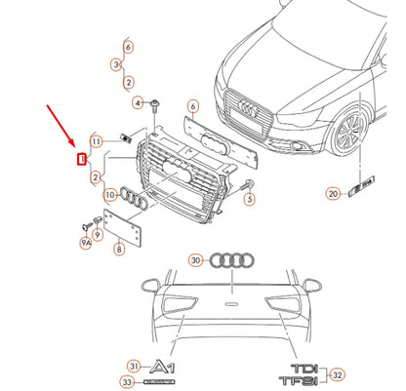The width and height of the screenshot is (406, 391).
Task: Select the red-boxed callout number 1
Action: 83,157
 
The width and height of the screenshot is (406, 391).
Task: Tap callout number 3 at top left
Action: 116,64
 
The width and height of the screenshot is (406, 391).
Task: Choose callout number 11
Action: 97,140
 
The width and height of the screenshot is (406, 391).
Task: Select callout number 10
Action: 110,195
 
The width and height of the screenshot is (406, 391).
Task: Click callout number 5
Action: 249,199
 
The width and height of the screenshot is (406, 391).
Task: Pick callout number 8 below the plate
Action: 119,250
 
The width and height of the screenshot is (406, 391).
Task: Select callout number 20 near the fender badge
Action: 333,194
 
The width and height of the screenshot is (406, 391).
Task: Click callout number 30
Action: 196,260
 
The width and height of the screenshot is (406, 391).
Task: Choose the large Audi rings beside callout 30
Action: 232,260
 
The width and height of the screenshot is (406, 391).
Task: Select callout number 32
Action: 338,373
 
